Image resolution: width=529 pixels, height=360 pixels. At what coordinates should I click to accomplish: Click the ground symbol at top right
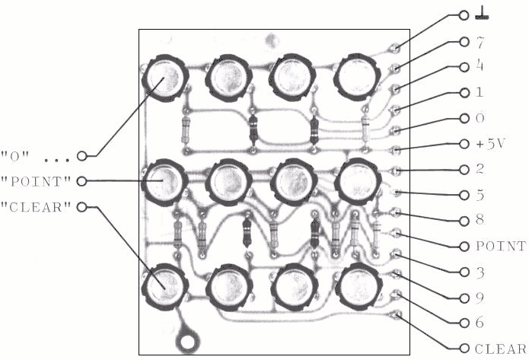pos(482,14)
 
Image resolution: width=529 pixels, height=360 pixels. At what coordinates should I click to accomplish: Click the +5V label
pos(490,144)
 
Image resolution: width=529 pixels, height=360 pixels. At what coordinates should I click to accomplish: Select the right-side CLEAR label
pos(500,349)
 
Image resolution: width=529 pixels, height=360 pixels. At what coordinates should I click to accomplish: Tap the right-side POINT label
pos(501,247)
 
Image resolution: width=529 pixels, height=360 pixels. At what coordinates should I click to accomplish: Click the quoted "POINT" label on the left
pos(36,181)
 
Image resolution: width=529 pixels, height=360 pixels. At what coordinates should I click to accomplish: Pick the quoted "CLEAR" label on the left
pos(36,207)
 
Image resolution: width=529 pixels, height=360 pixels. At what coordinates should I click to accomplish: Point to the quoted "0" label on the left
pos(15,157)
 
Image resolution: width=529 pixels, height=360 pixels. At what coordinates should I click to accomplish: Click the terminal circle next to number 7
pos(464,42)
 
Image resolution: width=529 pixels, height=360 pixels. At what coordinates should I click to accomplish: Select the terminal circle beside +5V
pos(464,144)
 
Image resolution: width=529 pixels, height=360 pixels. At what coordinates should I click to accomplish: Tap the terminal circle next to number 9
pos(464,298)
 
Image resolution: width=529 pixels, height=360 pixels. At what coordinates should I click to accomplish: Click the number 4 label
pos(480,65)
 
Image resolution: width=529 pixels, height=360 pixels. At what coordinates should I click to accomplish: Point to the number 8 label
pos(480,220)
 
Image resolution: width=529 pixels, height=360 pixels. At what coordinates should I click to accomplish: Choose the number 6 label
pos(480,323)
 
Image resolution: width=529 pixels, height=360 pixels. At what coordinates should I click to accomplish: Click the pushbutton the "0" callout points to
pos(165,78)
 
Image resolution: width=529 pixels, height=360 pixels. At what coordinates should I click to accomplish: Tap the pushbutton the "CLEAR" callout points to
pos(164,287)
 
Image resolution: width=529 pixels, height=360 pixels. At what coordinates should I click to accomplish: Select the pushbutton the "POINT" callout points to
pos(164,183)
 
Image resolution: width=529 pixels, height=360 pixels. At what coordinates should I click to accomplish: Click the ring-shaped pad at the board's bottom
pos(186,342)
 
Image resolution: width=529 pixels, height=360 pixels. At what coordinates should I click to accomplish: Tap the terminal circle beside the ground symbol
pos(464,15)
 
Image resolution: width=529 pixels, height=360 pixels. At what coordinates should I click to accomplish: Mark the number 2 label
pos(480,169)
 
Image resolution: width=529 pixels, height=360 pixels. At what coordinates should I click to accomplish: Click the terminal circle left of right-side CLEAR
pos(464,348)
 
